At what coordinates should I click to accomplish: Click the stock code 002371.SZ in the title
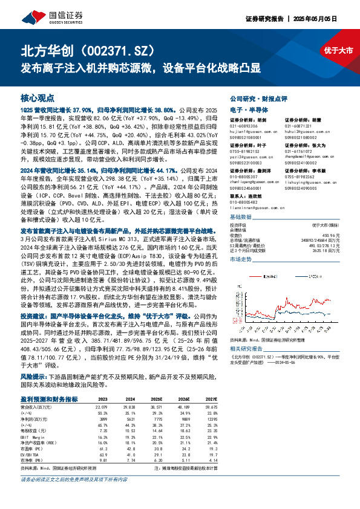tap(124, 49)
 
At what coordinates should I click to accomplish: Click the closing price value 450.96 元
tap(327, 235)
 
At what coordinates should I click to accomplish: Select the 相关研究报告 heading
tap(247, 349)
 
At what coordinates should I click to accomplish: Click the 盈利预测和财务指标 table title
tap(49, 399)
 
